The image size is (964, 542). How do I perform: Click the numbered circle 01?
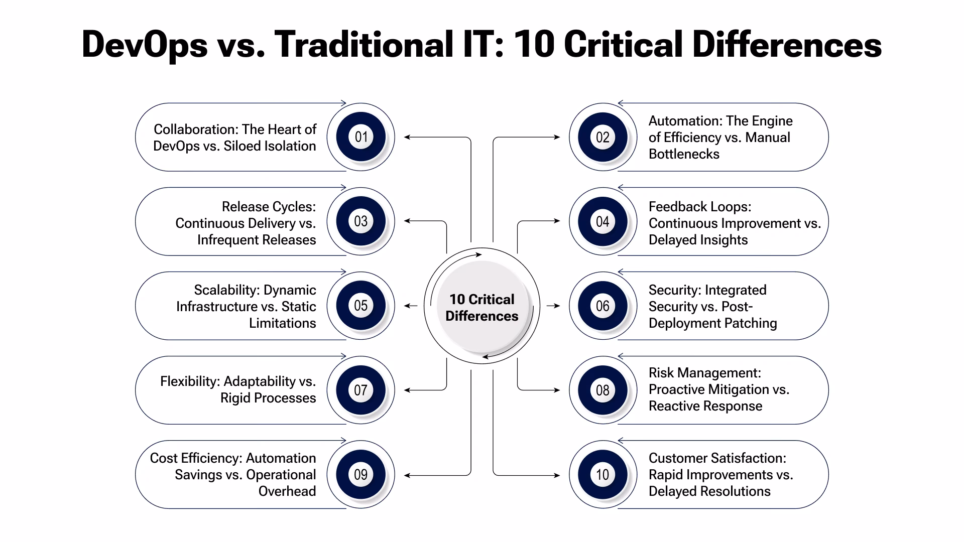[360, 137]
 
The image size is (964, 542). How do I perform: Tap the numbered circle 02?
[602, 137]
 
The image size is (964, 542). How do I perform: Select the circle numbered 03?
[360, 221]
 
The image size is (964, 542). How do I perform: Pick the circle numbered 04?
[602, 221]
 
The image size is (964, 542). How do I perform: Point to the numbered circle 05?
[360, 306]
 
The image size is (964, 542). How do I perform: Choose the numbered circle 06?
[602, 306]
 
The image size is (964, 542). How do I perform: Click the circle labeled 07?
[360, 390]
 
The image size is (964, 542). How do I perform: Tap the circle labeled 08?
[602, 390]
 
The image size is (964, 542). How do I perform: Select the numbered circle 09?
[360, 474]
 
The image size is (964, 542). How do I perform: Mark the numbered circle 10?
[602, 474]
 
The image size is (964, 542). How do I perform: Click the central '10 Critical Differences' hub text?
[482, 307]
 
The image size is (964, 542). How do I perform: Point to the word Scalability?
[226, 291]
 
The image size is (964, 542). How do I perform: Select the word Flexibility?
[190, 382]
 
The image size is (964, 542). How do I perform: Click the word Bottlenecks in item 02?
[684, 154]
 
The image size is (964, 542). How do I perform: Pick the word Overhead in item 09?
[287, 491]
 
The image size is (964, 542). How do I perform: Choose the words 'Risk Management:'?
[705, 373]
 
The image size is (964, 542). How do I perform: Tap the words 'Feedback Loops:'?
[700, 207]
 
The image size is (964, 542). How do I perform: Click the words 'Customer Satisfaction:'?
[717, 458]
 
